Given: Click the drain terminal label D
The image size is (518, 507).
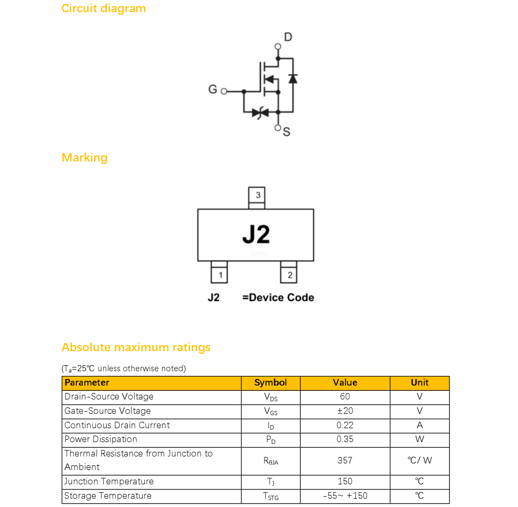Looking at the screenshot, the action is coord(288,37).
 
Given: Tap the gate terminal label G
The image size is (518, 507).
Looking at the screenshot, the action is coord(213,89).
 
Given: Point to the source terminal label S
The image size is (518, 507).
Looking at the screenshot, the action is coord(286,132).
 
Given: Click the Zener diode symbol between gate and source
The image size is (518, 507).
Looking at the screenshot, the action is coord(260,113).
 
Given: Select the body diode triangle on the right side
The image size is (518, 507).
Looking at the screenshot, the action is coord(293,79).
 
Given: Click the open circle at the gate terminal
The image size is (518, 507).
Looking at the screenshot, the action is coord(224,91).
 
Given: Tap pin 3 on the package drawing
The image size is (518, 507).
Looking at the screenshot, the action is coord(257,198).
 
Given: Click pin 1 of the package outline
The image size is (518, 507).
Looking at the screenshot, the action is coord(219,272).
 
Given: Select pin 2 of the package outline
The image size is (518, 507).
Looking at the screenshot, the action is coord(289,272).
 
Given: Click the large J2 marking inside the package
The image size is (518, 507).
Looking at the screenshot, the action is coord(256,234).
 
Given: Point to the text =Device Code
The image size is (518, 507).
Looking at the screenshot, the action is coord(278,297).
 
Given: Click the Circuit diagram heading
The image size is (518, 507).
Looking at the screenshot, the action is coord(104,8).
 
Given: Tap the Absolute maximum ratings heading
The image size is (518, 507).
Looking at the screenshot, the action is coord(136,347).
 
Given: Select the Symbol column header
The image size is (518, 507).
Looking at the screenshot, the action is coord(271,383).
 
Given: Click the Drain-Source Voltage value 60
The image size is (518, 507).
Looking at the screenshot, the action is coord(345,396).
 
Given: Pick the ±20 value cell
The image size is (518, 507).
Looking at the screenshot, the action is coord(345,411).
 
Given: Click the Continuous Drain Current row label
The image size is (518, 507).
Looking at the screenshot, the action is coord(117,425).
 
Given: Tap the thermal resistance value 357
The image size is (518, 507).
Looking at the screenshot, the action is coord(345,460).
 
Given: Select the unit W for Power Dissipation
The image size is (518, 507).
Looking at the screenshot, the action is coord(420,439).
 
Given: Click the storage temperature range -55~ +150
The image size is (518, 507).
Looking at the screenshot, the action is coord(345,496).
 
